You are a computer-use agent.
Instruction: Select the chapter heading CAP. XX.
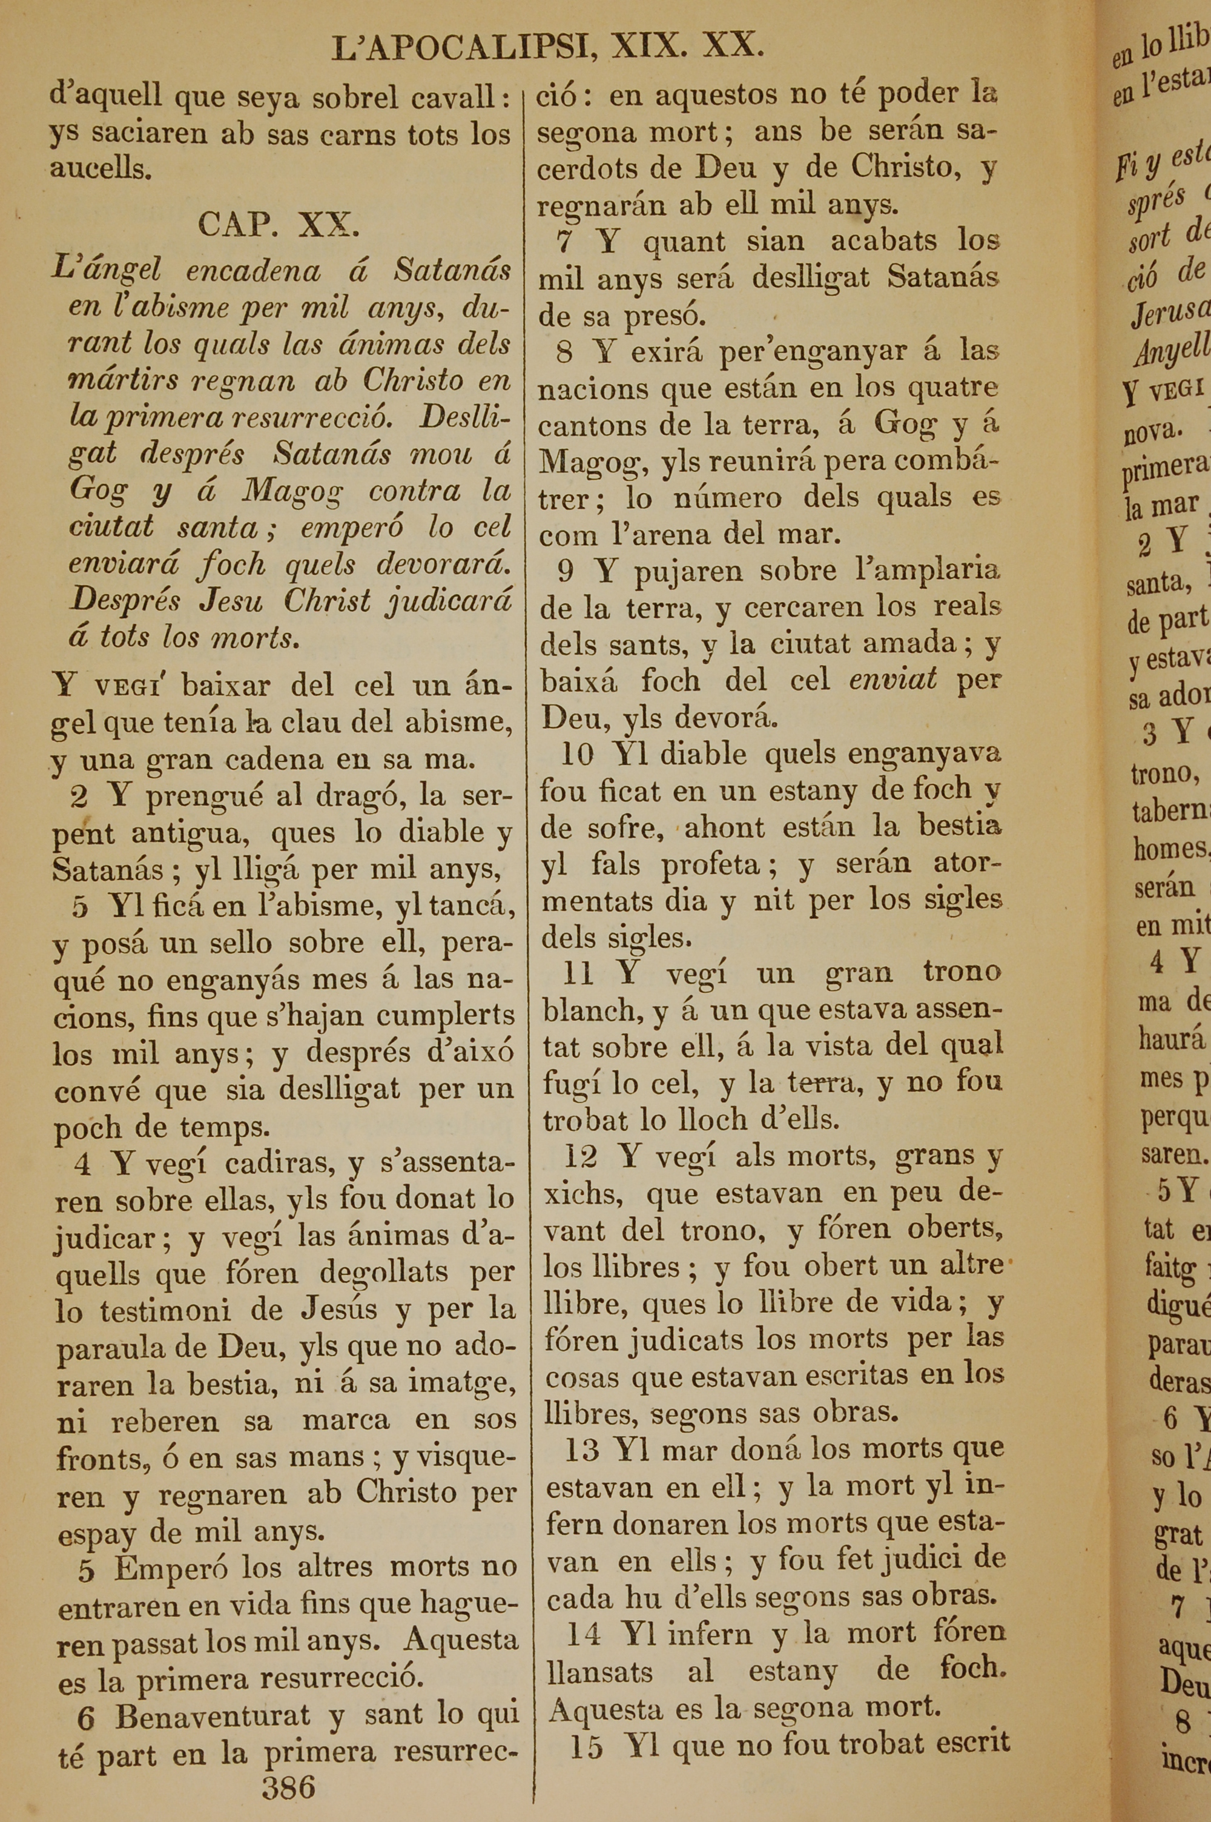(279, 225)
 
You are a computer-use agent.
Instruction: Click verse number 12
(581, 1156)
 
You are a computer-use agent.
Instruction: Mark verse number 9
(566, 572)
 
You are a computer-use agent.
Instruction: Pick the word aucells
(101, 169)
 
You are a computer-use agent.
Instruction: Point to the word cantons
(592, 425)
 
